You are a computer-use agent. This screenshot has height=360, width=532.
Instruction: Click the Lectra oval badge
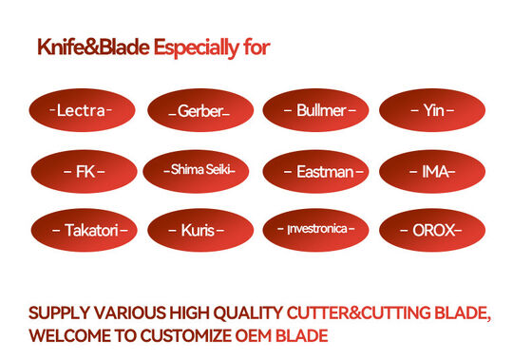[84, 111]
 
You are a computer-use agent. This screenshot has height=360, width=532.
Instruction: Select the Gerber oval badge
[199, 111]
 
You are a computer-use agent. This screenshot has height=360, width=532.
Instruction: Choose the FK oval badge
[84, 172]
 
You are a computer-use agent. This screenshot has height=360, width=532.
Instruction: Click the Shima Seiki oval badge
[199, 170]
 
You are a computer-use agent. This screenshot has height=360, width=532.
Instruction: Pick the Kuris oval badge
[199, 230]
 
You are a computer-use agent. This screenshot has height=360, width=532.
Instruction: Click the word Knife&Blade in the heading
[93, 47]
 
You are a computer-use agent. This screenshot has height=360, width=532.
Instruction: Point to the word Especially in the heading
[198, 47]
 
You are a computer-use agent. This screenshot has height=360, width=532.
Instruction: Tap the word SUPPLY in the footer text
[55, 313]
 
